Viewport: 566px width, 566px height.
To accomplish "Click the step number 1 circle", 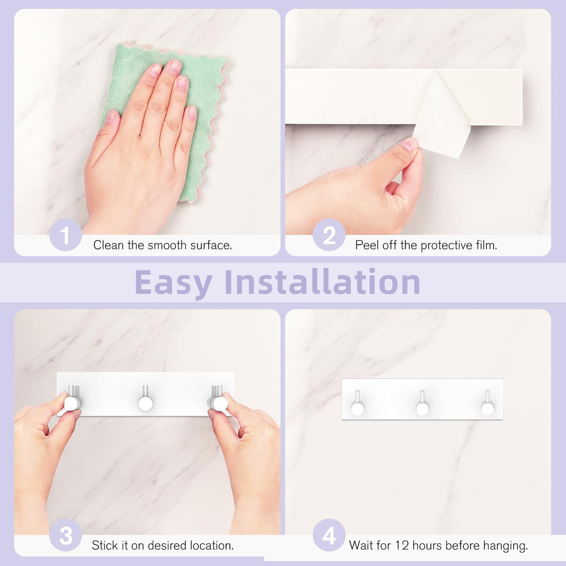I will click(65, 236).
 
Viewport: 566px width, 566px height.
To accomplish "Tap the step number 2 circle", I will click(329, 236).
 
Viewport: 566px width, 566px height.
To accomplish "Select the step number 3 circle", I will click(65, 535).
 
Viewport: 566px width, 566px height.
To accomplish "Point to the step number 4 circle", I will click(329, 535).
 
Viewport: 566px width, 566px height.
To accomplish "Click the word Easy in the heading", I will click(174, 282).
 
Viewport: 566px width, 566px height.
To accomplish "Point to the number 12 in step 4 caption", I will click(402, 545).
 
